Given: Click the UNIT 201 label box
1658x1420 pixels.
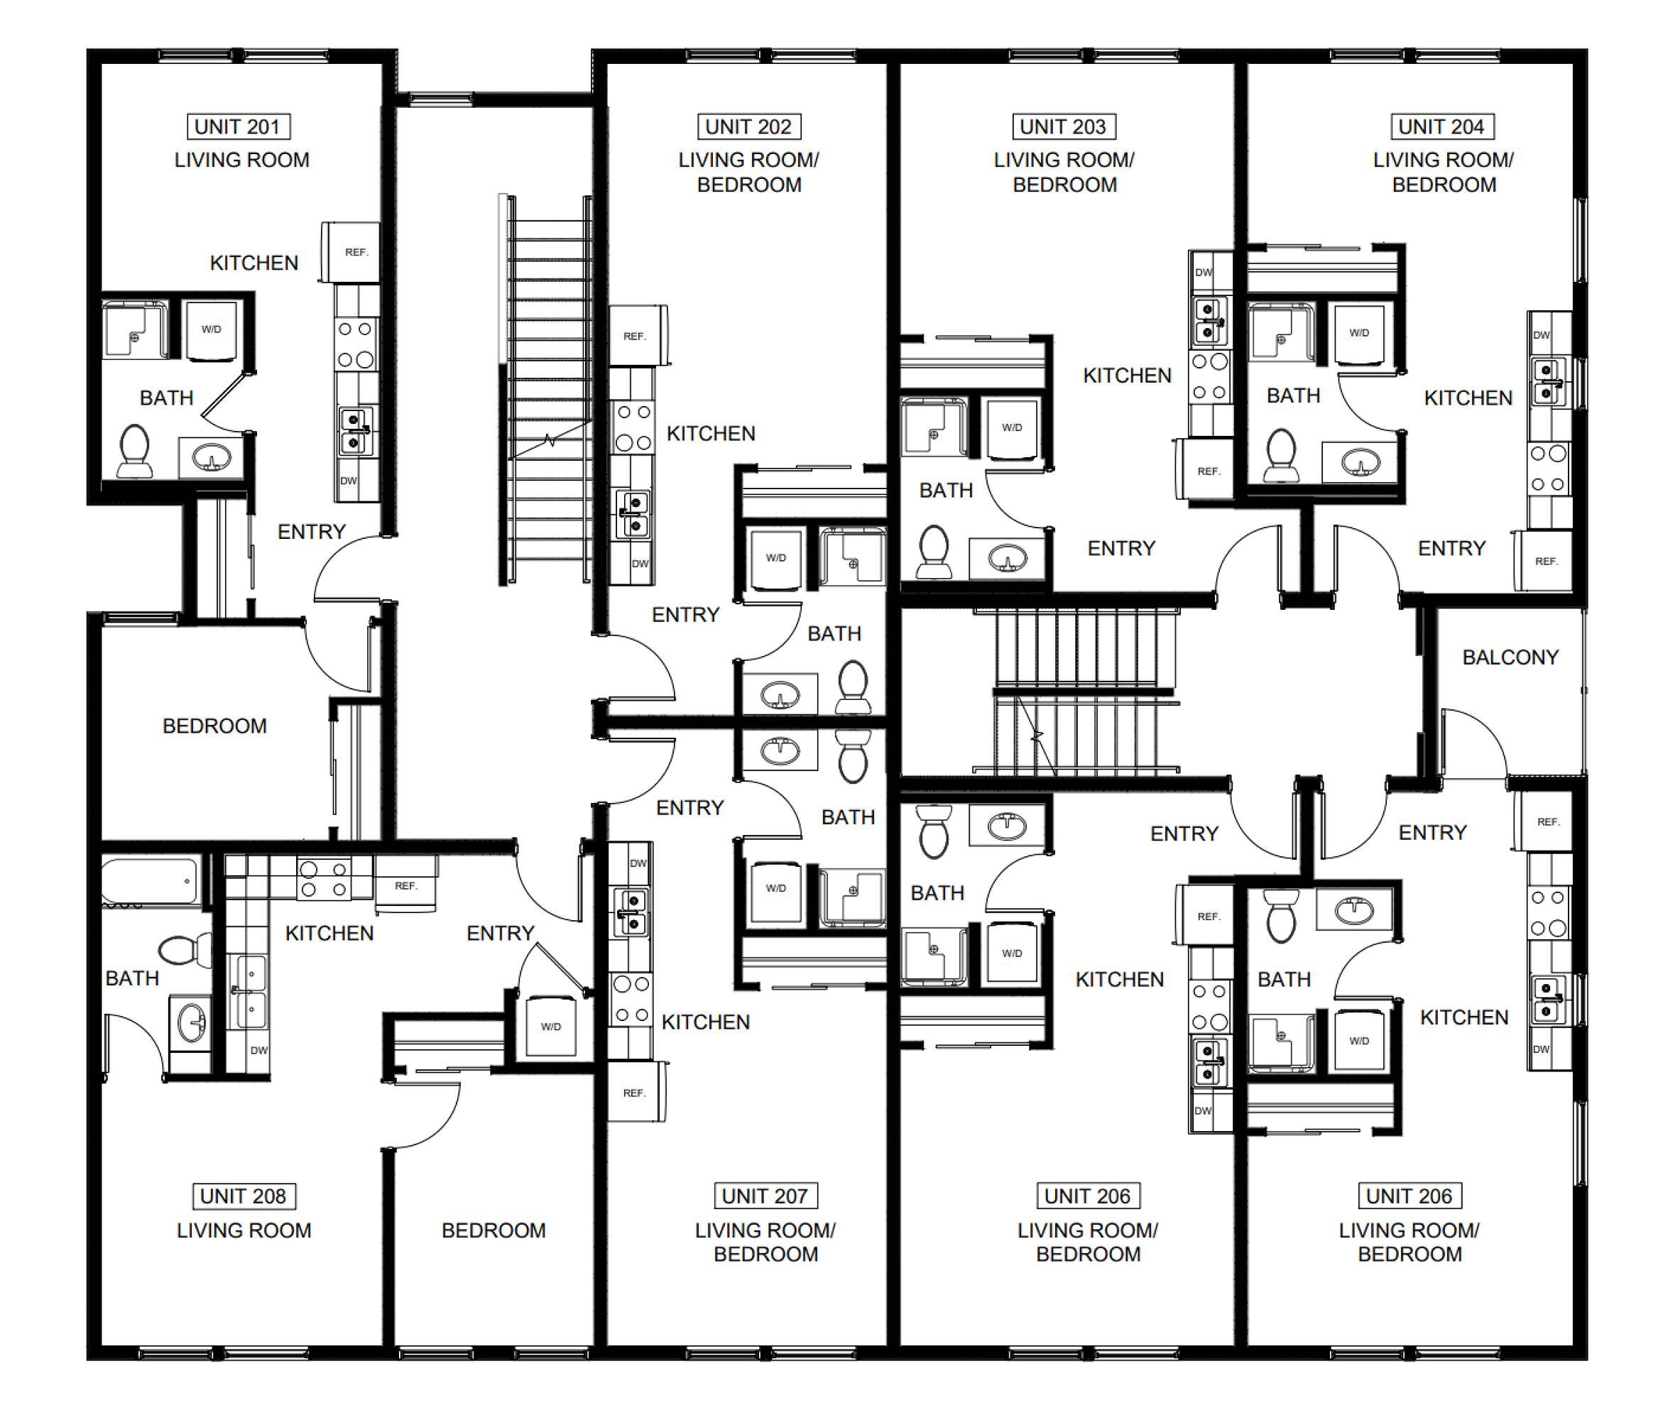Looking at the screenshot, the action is (x=238, y=126).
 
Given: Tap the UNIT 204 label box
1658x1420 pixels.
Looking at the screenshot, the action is (x=1441, y=126).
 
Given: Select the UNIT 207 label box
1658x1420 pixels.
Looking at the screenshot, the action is (x=765, y=1196).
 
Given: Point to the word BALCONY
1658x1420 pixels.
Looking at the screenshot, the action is (x=1510, y=657).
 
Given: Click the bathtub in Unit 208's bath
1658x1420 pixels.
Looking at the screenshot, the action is (x=151, y=882).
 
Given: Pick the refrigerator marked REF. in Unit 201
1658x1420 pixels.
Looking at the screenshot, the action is (x=351, y=252).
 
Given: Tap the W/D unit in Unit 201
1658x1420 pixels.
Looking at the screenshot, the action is (x=212, y=329).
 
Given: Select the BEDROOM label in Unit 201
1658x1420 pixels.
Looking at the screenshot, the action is (x=214, y=726).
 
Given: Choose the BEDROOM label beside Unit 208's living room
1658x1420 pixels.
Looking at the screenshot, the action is (x=493, y=1230).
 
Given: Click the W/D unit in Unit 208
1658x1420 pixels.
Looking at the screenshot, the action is (x=550, y=1026).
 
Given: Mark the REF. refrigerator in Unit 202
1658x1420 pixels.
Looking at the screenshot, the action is (x=638, y=336).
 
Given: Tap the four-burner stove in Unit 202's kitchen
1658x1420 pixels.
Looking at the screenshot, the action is (x=633, y=427).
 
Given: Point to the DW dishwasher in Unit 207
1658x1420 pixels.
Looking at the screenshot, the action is (x=638, y=864).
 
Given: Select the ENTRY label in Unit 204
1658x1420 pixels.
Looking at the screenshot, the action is (x=1451, y=548).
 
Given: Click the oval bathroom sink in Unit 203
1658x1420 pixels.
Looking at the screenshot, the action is (x=1008, y=558).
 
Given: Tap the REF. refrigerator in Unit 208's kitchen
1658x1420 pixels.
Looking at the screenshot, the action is (x=405, y=885).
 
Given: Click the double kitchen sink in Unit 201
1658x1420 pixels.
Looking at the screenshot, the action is (x=354, y=432).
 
